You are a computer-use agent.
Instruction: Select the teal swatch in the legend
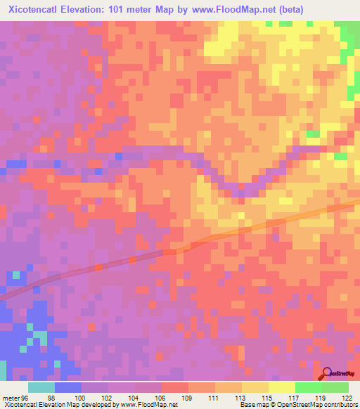41,387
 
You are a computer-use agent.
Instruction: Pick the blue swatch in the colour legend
68,387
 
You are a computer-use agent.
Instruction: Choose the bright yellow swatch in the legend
282,387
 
